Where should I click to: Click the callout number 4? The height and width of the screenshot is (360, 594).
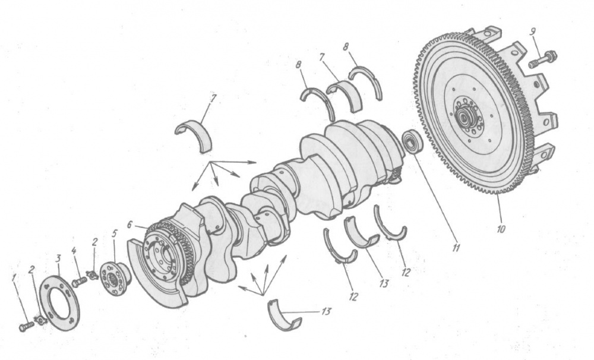point(74,250)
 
